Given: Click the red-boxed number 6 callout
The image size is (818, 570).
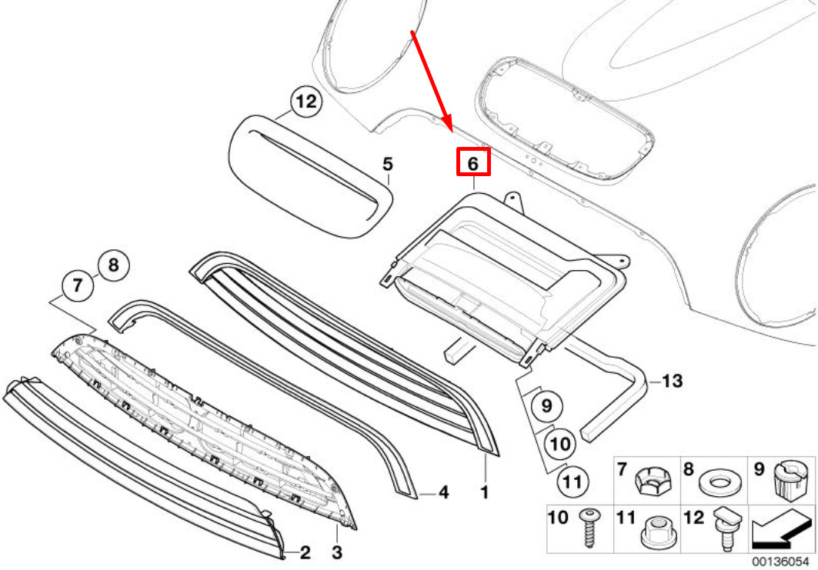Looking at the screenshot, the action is tap(473, 163).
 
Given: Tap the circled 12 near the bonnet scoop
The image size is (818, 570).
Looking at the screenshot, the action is tap(305, 102).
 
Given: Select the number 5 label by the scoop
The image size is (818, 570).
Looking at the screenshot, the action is tap(388, 164).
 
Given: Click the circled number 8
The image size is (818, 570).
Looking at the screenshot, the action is tap(113, 266).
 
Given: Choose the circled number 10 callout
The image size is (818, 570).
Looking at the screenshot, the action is tap(561, 444).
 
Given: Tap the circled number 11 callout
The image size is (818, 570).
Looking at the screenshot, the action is tap(570, 482).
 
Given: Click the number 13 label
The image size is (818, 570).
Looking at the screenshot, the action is tap(672, 381).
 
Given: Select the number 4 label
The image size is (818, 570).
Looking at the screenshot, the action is tap(443, 492).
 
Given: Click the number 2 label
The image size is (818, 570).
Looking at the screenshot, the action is tap(305, 552).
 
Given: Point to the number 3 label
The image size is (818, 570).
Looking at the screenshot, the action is tap(336, 552).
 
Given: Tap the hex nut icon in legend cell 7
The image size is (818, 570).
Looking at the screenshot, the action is tap(650, 482).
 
